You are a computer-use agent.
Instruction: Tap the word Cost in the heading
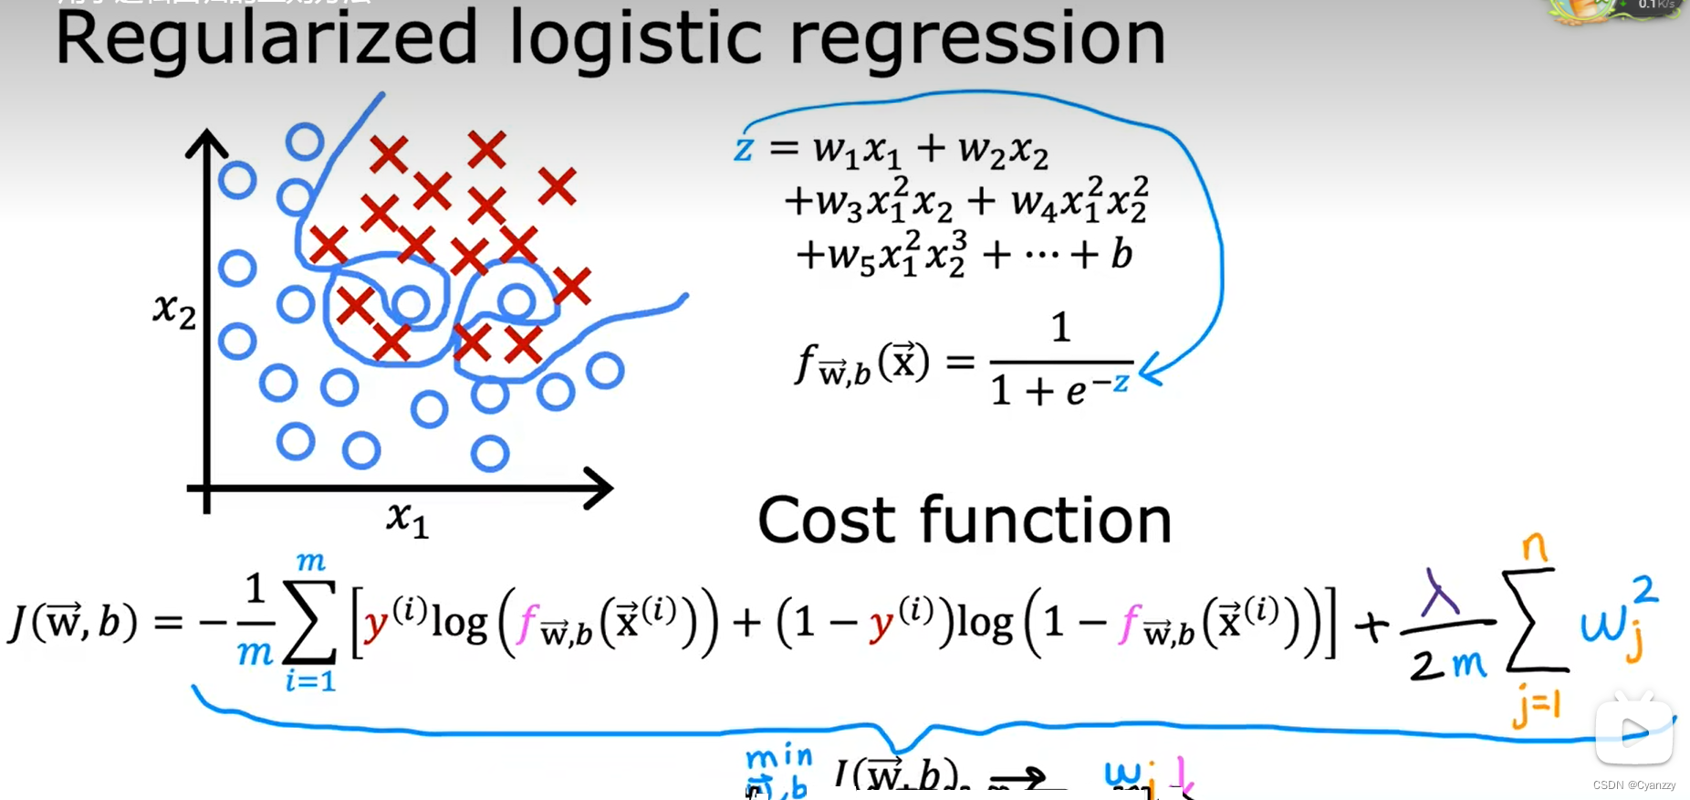pos(827,521)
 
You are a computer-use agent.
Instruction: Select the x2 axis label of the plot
pos(174,311)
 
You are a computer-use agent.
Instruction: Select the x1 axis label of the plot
pos(407,519)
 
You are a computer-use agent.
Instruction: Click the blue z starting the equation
pos(744,148)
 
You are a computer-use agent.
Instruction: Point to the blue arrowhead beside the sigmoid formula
pos(1148,370)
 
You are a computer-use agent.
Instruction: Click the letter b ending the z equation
pos(1121,254)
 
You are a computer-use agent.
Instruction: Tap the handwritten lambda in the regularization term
pos(1441,594)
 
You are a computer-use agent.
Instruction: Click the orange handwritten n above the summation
pos(1535,549)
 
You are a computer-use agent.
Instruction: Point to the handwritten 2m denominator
pos(1447,664)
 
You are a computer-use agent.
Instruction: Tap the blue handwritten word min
pos(778,757)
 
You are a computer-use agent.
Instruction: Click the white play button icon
pos(1633,731)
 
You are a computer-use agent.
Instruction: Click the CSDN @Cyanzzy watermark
pos(1633,785)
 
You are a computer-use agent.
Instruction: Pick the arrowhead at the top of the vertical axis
pos(207,143)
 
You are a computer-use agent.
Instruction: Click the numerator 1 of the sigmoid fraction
pos(1060,327)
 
